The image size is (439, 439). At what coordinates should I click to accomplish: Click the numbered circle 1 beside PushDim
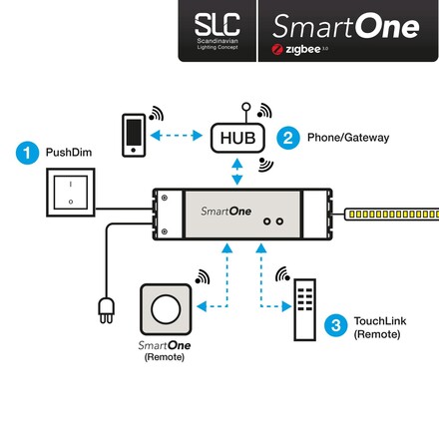(x=27, y=154)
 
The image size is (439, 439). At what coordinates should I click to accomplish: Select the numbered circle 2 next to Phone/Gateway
(x=287, y=137)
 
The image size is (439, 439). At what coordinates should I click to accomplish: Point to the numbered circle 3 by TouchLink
(x=337, y=323)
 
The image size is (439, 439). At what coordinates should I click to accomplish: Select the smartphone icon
(x=133, y=136)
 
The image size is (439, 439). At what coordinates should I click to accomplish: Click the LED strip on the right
(x=391, y=214)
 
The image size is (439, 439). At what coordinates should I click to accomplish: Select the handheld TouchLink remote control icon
(x=303, y=310)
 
